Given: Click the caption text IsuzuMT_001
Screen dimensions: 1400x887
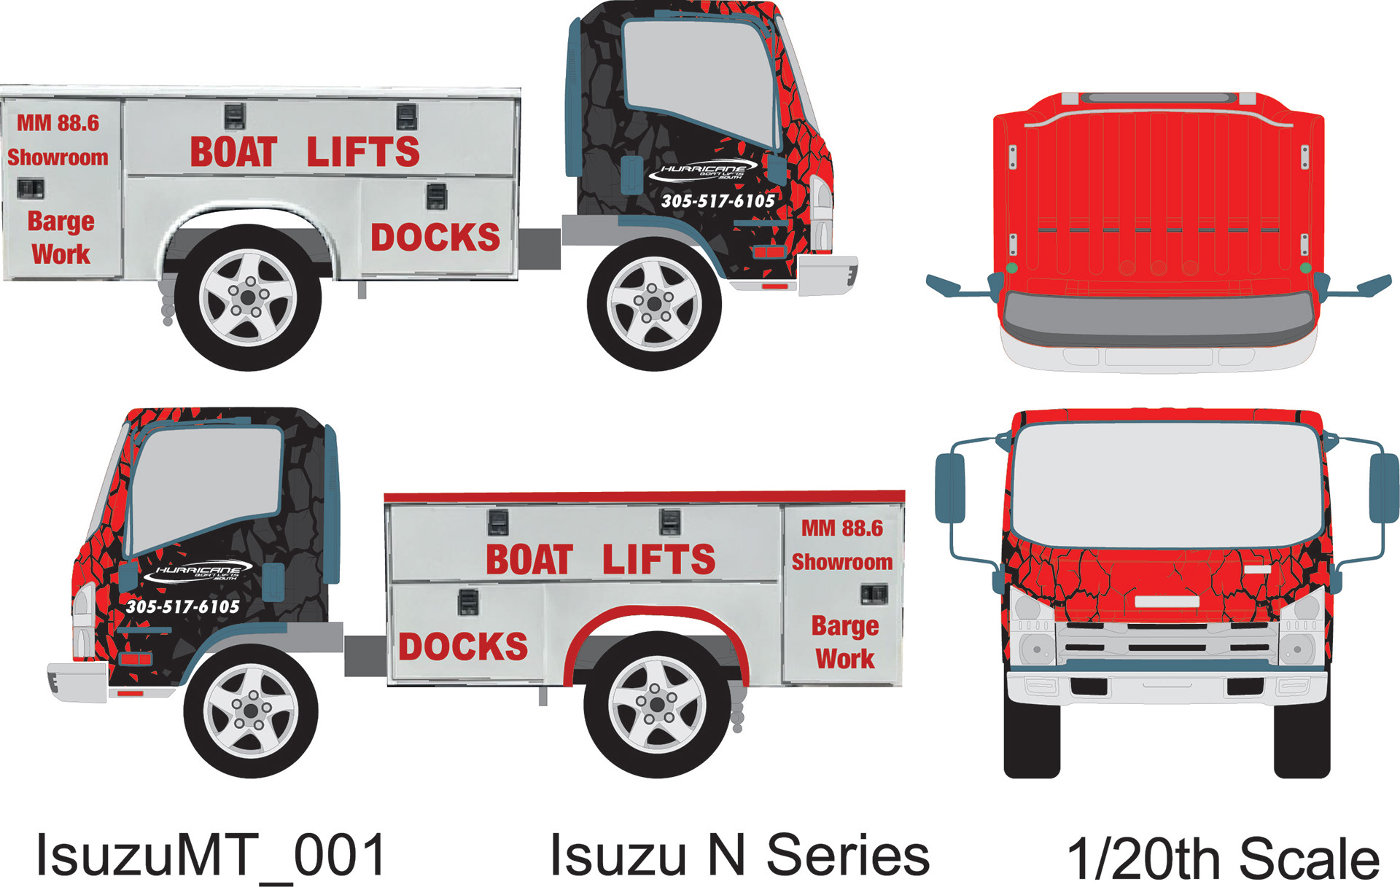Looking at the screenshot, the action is [x=211, y=856].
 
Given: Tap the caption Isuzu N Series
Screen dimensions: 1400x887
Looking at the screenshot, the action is [x=739, y=856].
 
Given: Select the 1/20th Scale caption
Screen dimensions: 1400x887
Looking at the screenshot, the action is [x=1223, y=859].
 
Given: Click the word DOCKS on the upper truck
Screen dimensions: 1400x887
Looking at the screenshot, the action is [x=435, y=238].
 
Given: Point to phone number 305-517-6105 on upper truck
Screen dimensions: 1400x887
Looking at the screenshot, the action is [x=717, y=201].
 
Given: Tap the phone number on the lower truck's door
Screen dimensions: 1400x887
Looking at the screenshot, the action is [x=182, y=606].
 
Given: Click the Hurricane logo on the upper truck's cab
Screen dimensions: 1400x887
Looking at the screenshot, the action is [x=703, y=171].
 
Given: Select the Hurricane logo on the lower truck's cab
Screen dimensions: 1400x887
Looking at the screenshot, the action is [x=198, y=572].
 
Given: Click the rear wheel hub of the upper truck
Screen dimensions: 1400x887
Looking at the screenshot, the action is [x=248, y=297].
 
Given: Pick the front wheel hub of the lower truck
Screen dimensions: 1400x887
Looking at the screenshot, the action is [x=250, y=711].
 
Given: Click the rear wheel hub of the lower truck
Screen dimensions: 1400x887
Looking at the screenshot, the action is [x=656, y=704].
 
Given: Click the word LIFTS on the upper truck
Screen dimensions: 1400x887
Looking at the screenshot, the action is [x=362, y=152].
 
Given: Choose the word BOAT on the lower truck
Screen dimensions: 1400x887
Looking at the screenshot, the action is [x=529, y=560].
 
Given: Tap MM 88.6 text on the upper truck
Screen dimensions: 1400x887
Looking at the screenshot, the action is [x=58, y=123].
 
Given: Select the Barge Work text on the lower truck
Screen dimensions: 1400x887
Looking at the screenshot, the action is [x=844, y=642].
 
